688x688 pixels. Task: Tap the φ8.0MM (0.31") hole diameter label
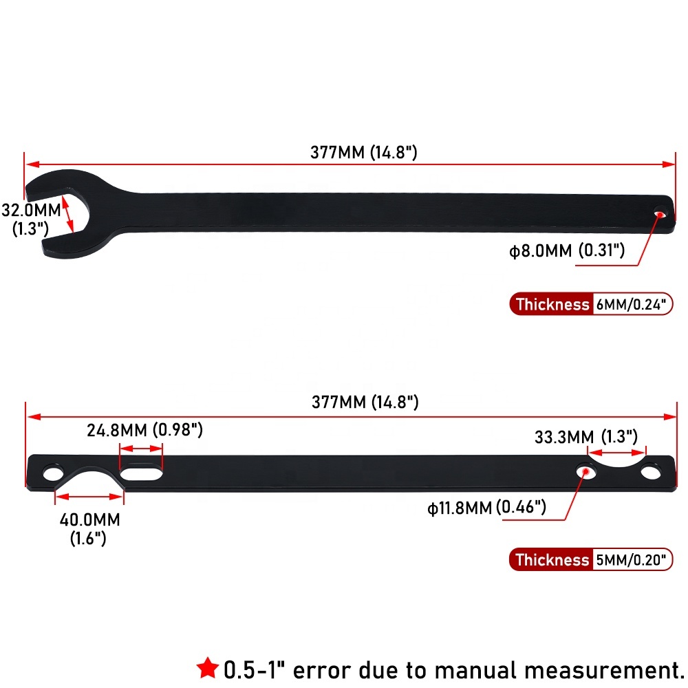pos(567,250)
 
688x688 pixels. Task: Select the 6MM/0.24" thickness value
pos(631,304)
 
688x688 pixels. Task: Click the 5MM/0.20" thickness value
pos(631,559)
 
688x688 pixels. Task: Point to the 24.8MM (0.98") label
pos(144,430)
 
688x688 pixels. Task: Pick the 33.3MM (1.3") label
pos(585,437)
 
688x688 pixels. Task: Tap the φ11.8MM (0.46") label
pos(486,508)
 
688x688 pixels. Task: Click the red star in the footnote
pos(207,668)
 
